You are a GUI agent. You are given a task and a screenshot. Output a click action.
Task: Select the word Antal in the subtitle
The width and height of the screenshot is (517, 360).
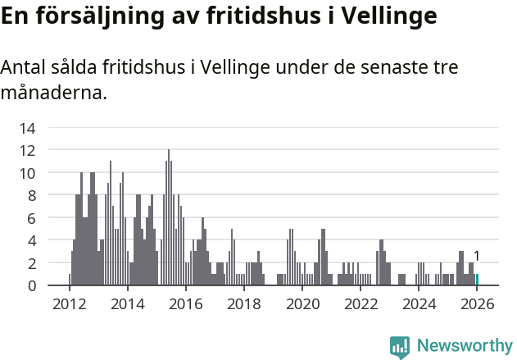[22, 70]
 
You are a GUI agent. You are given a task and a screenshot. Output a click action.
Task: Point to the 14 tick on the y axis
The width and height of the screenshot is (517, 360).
[27, 128]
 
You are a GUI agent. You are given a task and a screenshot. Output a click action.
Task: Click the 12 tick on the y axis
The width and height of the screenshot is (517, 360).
[27, 150]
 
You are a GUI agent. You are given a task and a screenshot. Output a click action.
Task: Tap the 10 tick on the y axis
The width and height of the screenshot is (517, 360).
[27, 173]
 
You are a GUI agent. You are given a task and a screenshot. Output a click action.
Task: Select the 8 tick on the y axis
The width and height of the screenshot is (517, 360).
[30, 195]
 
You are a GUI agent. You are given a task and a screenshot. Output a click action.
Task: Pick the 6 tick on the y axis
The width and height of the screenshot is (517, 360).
[30, 218]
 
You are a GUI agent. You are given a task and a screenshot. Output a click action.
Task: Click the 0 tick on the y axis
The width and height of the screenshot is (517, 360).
[30, 285]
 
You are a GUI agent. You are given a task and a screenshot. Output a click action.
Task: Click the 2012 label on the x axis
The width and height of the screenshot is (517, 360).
[69, 303]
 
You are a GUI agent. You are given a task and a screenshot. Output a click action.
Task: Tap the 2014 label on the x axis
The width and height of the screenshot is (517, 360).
[127, 303]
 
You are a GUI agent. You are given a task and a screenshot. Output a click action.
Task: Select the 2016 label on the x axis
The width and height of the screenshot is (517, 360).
[185, 303]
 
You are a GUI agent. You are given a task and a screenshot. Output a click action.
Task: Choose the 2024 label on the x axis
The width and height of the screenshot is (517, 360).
[419, 303]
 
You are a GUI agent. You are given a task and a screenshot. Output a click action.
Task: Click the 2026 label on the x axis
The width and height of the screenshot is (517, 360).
[477, 303]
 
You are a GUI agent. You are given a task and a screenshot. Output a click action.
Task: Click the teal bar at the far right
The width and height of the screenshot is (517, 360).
[477, 280]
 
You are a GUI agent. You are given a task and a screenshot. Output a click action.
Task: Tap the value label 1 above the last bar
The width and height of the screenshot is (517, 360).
[477, 257]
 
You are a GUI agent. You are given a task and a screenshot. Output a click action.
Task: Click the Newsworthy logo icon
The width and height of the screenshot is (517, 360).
[400, 347]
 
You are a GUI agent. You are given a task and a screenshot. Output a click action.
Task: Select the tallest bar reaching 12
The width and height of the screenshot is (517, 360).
[169, 217]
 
